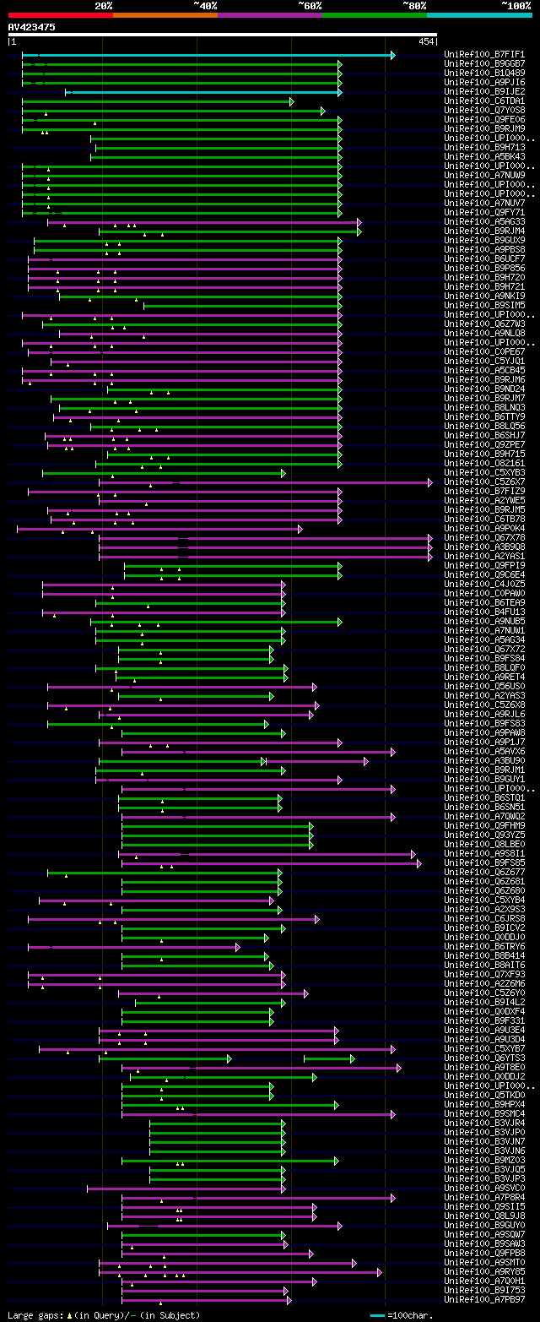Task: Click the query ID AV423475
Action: tap(32, 27)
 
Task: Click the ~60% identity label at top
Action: tap(310, 5)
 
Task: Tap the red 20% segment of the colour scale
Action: tap(60, 15)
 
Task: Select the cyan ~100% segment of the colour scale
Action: tap(478, 15)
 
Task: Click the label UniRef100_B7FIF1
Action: tap(484, 54)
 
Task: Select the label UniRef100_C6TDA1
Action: tap(484, 101)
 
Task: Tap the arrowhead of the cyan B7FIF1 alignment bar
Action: tap(392, 55)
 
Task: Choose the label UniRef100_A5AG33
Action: tap(484, 221)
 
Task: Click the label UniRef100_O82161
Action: tap(484, 463)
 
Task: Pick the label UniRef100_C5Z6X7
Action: tap(484, 481)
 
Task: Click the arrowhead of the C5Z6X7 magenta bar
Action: tap(429, 482)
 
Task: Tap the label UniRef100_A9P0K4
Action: tap(484, 528)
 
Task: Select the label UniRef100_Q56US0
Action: tap(484, 686)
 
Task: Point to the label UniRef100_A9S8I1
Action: tap(484, 853)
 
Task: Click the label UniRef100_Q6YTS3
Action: tap(484, 1058)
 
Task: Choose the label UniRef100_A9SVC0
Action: tap(484, 1188)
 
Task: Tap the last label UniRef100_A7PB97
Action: tap(484, 1299)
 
